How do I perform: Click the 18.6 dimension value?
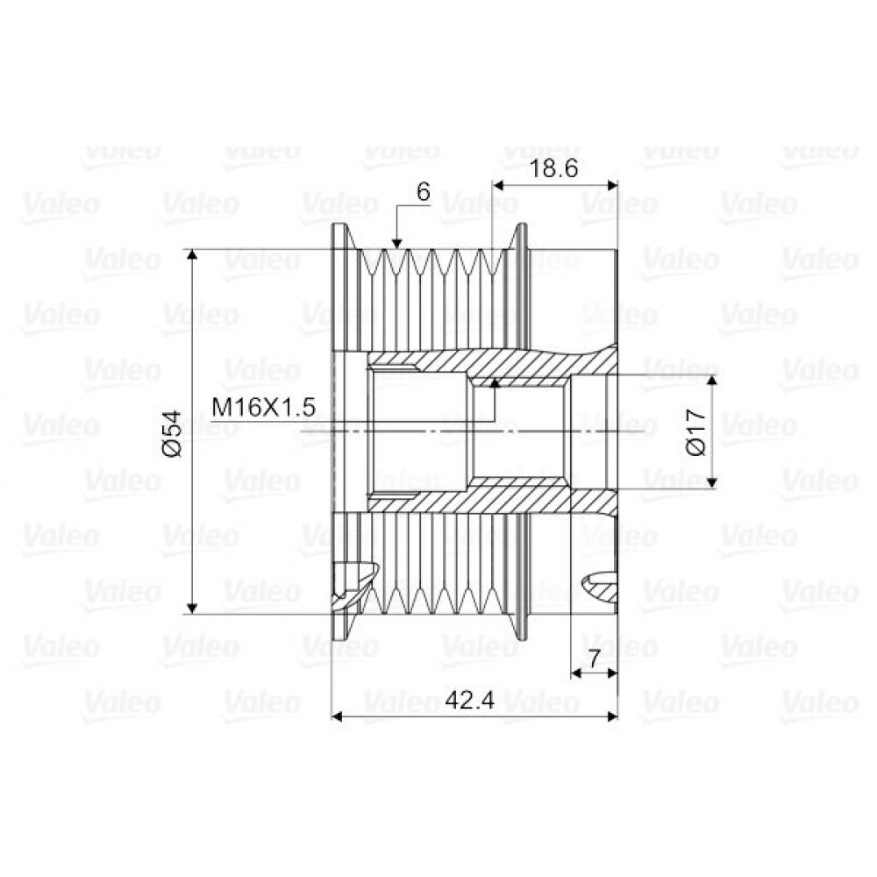553,168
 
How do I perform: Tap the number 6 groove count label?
424,192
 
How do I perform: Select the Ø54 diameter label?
173,433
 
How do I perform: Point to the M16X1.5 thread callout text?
263,407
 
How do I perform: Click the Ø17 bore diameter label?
697,431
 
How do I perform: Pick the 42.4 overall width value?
470,700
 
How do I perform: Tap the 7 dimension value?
594,658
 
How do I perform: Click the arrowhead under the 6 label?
396,243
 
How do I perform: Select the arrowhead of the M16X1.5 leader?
494,382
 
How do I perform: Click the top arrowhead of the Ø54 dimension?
192,254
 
